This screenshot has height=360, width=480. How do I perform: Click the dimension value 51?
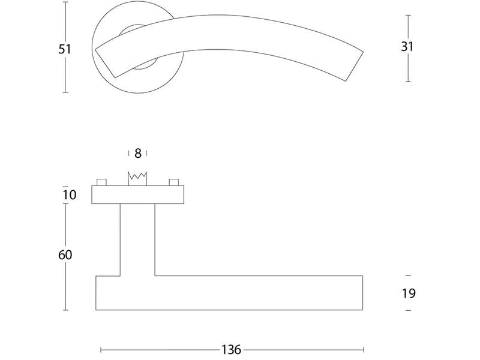tap(65, 49)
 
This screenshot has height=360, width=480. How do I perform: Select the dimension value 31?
tap(407, 47)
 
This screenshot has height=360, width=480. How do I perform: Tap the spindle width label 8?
tap(138, 154)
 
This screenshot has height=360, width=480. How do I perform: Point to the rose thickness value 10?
tap(69, 194)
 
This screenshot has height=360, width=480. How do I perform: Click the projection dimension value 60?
tap(65, 254)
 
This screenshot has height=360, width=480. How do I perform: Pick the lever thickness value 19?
tap(409, 293)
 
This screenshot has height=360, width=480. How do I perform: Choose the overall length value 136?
tap(232, 350)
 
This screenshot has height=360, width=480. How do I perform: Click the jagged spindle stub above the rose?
tap(137, 179)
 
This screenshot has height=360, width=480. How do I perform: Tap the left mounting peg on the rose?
tap(101, 182)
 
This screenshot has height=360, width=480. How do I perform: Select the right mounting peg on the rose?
tap(173, 182)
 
